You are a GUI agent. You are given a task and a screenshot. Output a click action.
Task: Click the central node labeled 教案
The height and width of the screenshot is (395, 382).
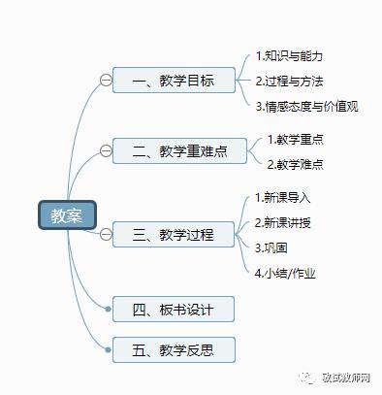[67, 214]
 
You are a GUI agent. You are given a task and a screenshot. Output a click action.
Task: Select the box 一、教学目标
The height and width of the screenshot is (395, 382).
[174, 80]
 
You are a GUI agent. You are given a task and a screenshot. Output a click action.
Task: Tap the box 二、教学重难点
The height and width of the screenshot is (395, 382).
[174, 150]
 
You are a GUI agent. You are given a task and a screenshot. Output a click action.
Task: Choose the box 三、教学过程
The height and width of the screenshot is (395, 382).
[174, 234]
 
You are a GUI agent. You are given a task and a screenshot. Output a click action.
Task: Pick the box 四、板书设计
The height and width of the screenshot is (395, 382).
[174, 310]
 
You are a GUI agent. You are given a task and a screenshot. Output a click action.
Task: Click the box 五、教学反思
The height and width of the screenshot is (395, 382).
[174, 348]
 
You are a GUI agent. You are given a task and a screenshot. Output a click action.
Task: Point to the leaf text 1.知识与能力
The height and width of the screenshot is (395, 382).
[289, 55]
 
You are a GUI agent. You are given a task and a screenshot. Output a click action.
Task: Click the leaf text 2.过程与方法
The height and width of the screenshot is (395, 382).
[289, 81]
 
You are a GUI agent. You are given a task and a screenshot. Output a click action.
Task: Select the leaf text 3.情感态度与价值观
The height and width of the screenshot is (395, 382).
[306, 106]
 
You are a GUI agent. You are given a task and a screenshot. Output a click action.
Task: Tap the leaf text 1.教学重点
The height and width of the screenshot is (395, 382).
[295, 140]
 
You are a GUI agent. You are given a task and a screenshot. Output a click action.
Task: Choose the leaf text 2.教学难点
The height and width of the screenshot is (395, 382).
[295, 164]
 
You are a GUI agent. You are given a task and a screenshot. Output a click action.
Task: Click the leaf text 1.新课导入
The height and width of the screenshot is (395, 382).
[283, 197]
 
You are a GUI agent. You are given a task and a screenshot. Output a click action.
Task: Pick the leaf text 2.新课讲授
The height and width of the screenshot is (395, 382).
[283, 222]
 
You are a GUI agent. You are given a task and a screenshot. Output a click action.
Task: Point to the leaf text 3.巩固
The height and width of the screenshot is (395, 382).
[271, 247]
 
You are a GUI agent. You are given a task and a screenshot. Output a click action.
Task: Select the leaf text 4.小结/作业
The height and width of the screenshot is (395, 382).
[287, 273]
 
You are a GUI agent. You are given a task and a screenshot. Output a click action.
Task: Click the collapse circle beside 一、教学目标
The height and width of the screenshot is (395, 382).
[106, 80]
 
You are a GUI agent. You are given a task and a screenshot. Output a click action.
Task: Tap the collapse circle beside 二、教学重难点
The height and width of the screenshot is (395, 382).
[106, 150]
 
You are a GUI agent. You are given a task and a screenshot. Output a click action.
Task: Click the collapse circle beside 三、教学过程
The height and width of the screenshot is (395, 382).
[106, 234]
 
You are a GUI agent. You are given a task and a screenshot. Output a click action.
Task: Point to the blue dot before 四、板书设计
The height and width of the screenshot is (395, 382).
[109, 310]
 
